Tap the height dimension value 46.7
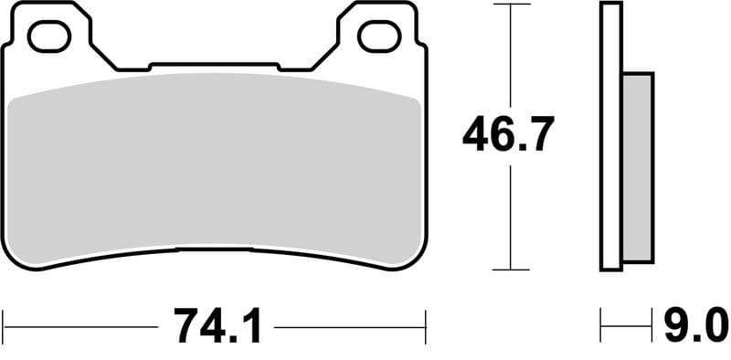tap(507, 136)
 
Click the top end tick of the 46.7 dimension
tap(510, 5)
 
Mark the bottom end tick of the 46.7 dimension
tap(510, 270)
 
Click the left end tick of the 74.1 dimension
tap(5, 323)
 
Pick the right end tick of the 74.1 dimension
tap(426, 323)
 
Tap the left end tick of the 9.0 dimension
tap(601, 323)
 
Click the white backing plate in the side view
tap(611, 137)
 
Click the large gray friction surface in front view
tap(216, 164)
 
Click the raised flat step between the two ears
tap(216, 66)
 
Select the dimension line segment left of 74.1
tap(82, 324)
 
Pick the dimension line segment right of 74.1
tap(352, 324)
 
